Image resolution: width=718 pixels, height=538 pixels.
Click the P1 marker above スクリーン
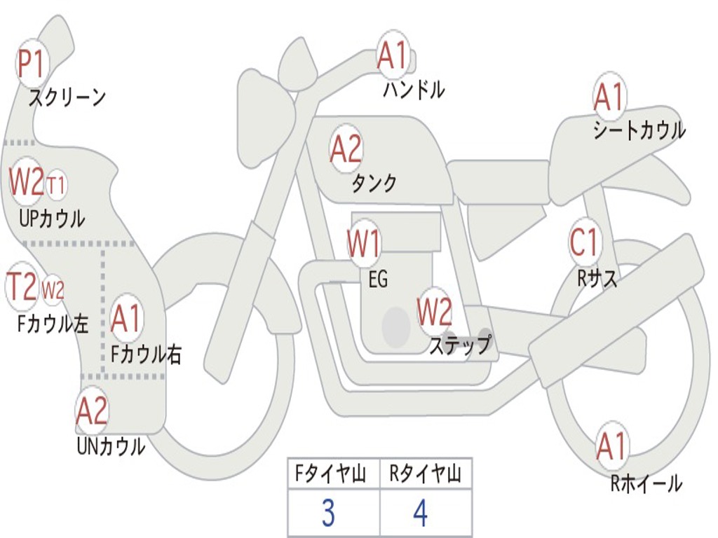pyautogui.click(x=31, y=64)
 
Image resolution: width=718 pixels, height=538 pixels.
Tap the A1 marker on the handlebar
pyautogui.click(x=393, y=55)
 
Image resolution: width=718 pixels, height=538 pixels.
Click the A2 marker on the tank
pyautogui.click(x=346, y=149)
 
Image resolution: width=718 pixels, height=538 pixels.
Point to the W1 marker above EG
pyautogui.click(x=364, y=243)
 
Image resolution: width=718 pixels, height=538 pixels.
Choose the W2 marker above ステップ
pyautogui.click(x=434, y=312)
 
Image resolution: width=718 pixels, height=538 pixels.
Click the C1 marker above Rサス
pyautogui.click(x=584, y=241)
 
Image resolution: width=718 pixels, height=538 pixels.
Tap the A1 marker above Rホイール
pyautogui.click(x=611, y=446)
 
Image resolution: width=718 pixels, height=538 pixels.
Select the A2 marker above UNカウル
pyautogui.click(x=92, y=411)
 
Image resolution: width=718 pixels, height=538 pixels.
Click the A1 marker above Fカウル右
pyautogui.click(x=126, y=317)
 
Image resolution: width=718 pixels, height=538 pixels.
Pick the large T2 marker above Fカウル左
pyautogui.click(x=22, y=287)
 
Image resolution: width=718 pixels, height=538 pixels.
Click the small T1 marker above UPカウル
pyautogui.click(x=56, y=185)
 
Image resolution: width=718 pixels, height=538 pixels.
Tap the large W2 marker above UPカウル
pyautogui.click(x=27, y=181)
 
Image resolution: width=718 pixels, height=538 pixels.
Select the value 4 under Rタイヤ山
pyautogui.click(x=420, y=513)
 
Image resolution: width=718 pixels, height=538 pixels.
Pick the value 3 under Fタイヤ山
pyautogui.click(x=328, y=513)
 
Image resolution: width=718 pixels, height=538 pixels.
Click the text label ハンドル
pyautogui.click(x=414, y=89)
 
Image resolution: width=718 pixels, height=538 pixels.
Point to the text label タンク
pyautogui.click(x=374, y=183)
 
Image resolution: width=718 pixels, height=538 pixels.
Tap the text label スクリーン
pyautogui.click(x=67, y=97)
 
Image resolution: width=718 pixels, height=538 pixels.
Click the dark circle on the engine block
pyautogui.click(x=396, y=327)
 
